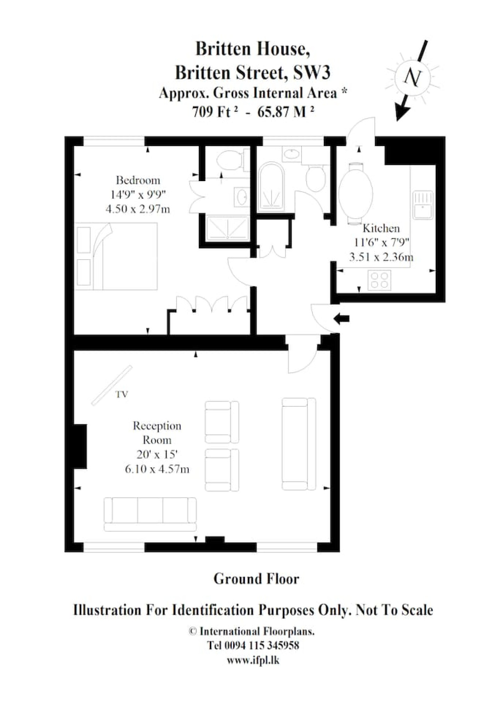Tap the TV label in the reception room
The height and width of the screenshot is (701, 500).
point(121,395)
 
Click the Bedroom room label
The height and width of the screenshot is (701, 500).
point(138,180)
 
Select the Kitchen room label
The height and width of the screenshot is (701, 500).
point(381,228)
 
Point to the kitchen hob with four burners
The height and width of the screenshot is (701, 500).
point(379,280)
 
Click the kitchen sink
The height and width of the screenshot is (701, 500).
point(423,205)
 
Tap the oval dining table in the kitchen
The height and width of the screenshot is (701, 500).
point(355,193)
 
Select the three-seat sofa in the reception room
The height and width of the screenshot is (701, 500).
point(150,514)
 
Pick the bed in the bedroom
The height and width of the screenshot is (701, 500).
point(116,256)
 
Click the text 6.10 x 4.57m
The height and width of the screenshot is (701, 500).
point(157,469)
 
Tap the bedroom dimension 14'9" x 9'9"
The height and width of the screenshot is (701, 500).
point(138,194)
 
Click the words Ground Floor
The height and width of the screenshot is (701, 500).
point(256,578)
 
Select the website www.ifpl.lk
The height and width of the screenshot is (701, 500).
point(253,660)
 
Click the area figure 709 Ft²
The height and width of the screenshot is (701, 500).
point(215,112)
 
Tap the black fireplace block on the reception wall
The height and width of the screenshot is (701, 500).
point(80,446)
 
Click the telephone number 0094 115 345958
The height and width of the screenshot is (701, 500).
point(262,645)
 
